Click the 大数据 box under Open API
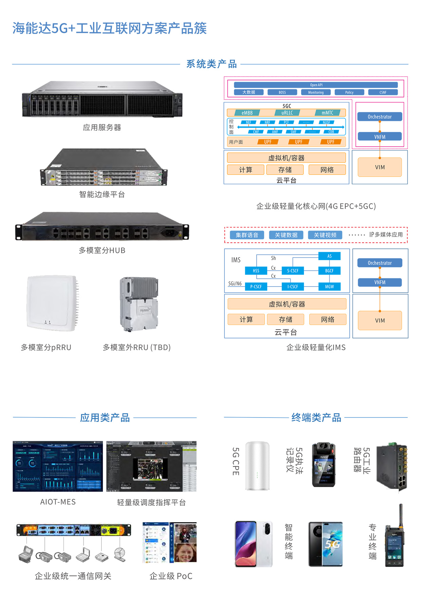pyautogui.click(x=249, y=92)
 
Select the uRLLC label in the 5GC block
pyautogui.click(x=287, y=113)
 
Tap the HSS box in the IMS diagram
pyautogui.click(x=256, y=271)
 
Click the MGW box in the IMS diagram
pyautogui.click(x=329, y=286)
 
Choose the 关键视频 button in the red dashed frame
pyautogui.click(x=325, y=235)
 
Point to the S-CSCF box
pyautogui.click(x=293, y=271)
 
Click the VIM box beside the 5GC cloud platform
pyautogui.click(x=380, y=167)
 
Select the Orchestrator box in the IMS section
pyautogui.click(x=380, y=263)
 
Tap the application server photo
pyautogui.click(x=102, y=99)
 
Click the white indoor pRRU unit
pyautogui.click(x=52, y=303)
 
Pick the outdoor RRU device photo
pyautogui.click(x=139, y=304)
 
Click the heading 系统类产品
pyautogui.click(x=211, y=64)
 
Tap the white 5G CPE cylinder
pyautogui.click(x=257, y=466)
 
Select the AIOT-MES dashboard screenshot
pyautogui.click(x=58, y=466)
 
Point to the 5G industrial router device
pyautogui.click(x=392, y=466)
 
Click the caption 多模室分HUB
pyautogui.click(x=102, y=251)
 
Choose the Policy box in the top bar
pyautogui.click(x=349, y=92)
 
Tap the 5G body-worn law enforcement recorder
pyautogui.click(x=324, y=464)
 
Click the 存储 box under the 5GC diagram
pyautogui.click(x=285, y=170)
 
